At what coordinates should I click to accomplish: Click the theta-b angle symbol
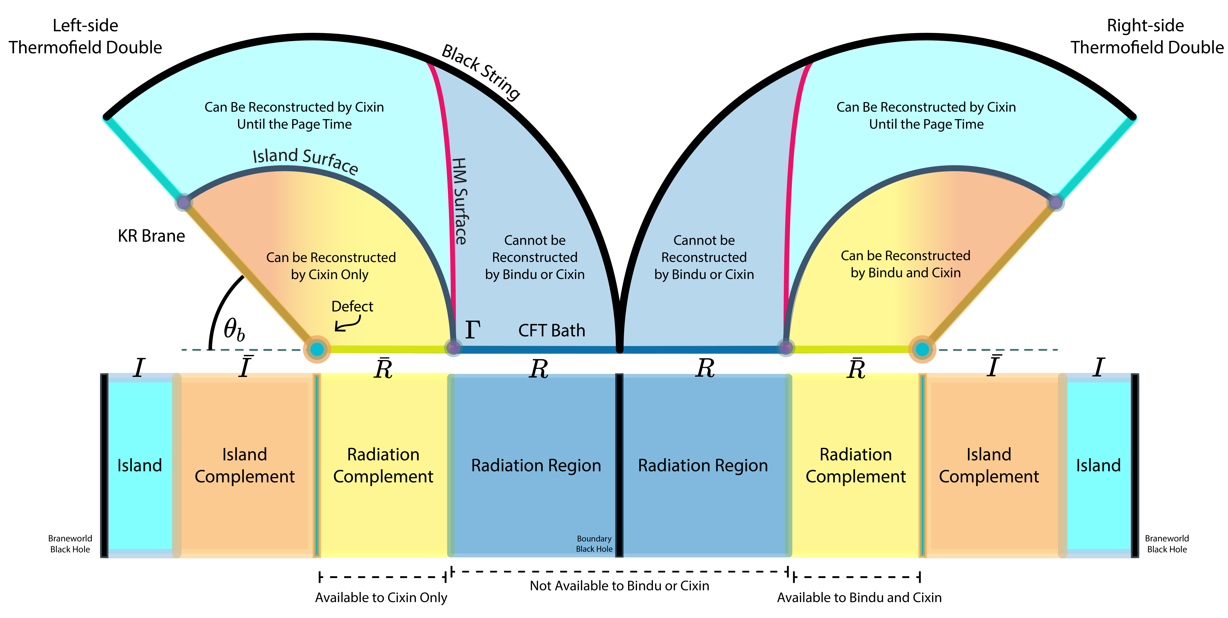234,330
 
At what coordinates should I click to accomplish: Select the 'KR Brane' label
151,236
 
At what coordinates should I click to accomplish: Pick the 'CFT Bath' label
552,330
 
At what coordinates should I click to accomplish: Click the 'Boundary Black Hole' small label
594,544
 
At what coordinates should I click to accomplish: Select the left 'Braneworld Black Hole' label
70,544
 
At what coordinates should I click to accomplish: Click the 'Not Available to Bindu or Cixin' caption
619,586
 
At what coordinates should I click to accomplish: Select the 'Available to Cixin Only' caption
381,598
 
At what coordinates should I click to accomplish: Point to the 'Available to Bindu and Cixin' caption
859,598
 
